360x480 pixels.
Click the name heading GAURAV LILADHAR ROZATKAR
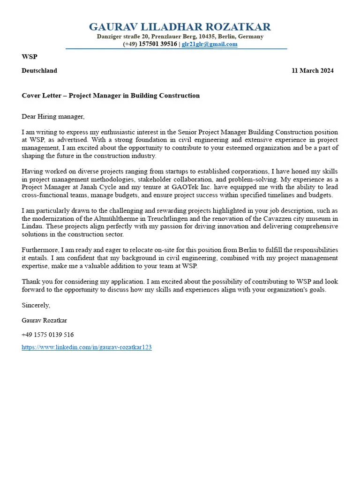[x=180, y=26]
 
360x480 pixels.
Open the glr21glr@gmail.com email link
[x=210, y=44]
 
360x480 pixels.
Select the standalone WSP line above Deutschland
[x=29, y=57]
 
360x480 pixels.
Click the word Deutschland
[x=39, y=71]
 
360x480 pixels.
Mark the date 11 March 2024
[x=313, y=71]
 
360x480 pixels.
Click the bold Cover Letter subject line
[x=111, y=96]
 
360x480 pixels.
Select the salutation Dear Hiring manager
[x=53, y=116]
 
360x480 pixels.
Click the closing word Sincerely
[x=36, y=305]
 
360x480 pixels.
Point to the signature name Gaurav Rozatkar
[x=44, y=320]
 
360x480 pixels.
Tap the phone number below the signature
[x=47, y=335]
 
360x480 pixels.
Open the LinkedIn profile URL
[x=87, y=348]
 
